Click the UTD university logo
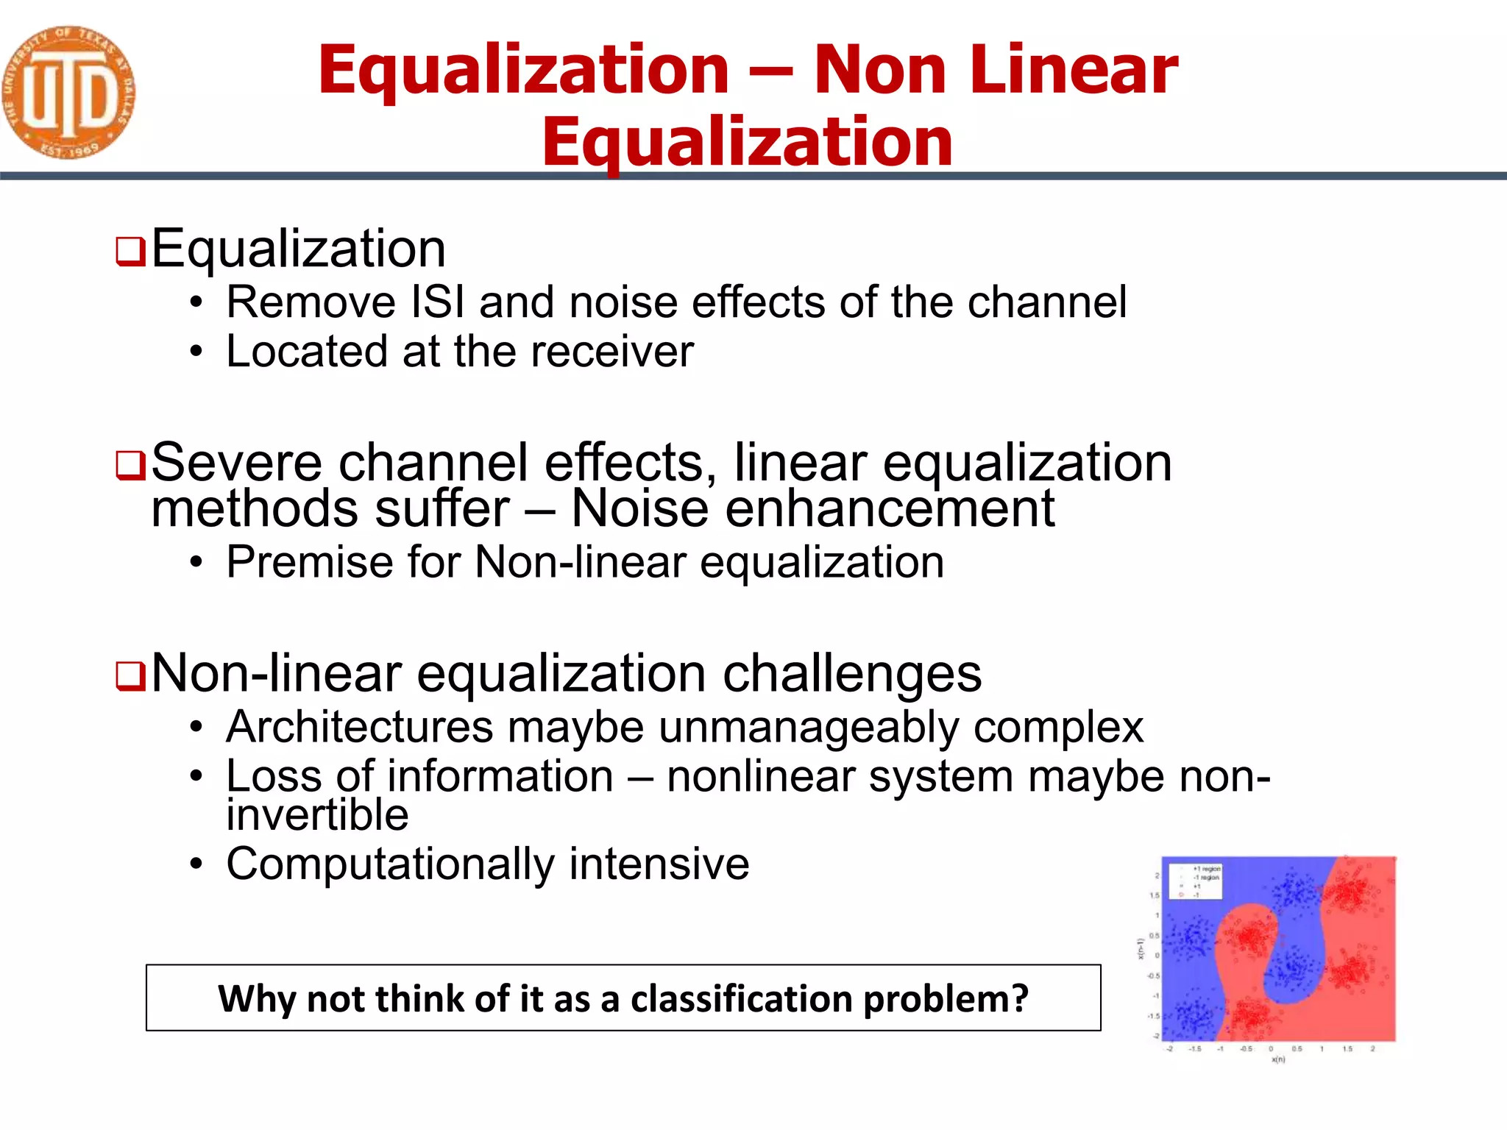coord(68,92)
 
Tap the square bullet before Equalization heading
coord(130,252)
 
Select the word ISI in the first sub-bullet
coord(437,302)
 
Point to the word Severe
coord(236,463)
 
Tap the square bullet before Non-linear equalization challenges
coord(130,676)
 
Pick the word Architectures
coord(359,728)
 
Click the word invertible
coord(317,815)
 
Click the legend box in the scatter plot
coord(1195,881)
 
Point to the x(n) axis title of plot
coord(1278,1059)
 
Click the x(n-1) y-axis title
coord(1141,949)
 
